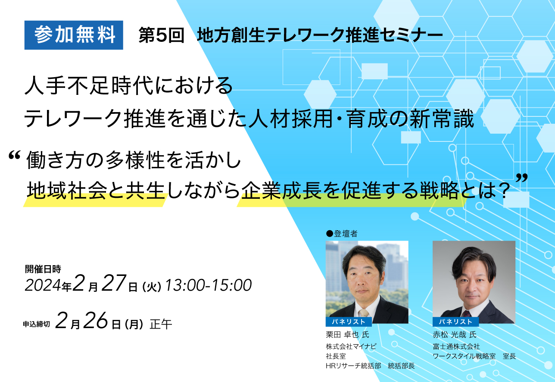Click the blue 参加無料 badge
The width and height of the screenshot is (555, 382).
[x=74, y=35]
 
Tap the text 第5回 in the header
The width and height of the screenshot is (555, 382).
[x=161, y=35]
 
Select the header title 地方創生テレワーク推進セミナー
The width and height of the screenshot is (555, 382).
[x=320, y=35]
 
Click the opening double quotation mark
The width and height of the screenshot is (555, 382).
[x=14, y=156]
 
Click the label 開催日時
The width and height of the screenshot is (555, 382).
[x=43, y=269]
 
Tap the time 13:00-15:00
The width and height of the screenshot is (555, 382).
[x=208, y=285]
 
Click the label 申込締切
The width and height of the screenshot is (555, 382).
[x=37, y=324]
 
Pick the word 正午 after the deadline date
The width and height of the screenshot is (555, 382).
[x=161, y=324]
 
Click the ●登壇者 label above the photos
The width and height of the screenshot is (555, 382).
[x=342, y=234]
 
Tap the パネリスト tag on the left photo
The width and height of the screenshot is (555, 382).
[x=349, y=322]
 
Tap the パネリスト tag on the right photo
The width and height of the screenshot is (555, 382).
[x=455, y=322]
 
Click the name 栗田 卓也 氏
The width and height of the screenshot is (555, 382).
[x=347, y=335]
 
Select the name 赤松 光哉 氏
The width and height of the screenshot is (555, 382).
[x=455, y=335]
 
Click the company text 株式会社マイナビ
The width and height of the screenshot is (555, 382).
[x=351, y=346]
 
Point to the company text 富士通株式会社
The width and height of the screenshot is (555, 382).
[x=456, y=346]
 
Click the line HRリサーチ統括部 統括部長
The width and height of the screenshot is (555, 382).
[x=370, y=366]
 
